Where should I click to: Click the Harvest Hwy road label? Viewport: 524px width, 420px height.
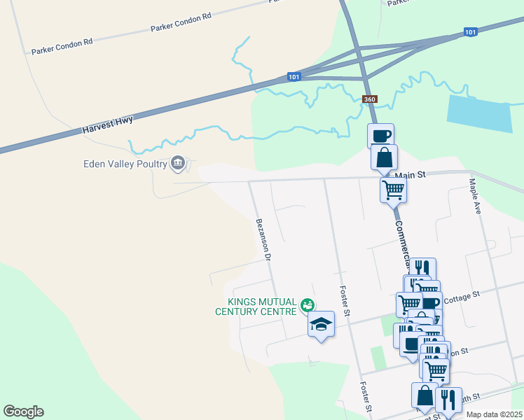click(x=107, y=125)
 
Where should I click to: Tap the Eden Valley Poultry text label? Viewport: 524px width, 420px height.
click(x=122, y=164)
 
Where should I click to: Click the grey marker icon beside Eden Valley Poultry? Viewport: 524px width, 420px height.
click(x=178, y=164)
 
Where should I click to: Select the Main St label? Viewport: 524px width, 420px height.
click(x=411, y=175)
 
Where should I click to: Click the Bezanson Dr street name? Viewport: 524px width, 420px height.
click(x=263, y=239)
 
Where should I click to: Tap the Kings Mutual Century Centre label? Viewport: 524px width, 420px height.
click(x=255, y=307)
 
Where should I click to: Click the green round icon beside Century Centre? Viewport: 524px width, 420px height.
click(x=306, y=305)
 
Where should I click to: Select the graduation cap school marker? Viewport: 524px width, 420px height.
click(x=321, y=324)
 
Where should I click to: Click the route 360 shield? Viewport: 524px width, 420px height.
click(x=370, y=99)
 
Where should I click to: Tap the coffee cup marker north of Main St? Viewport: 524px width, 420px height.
click(x=380, y=135)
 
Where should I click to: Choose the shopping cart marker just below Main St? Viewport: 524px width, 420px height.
click(x=393, y=188)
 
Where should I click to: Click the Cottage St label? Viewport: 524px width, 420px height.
click(x=460, y=296)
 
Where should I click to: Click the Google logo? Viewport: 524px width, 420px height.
click(x=23, y=412)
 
